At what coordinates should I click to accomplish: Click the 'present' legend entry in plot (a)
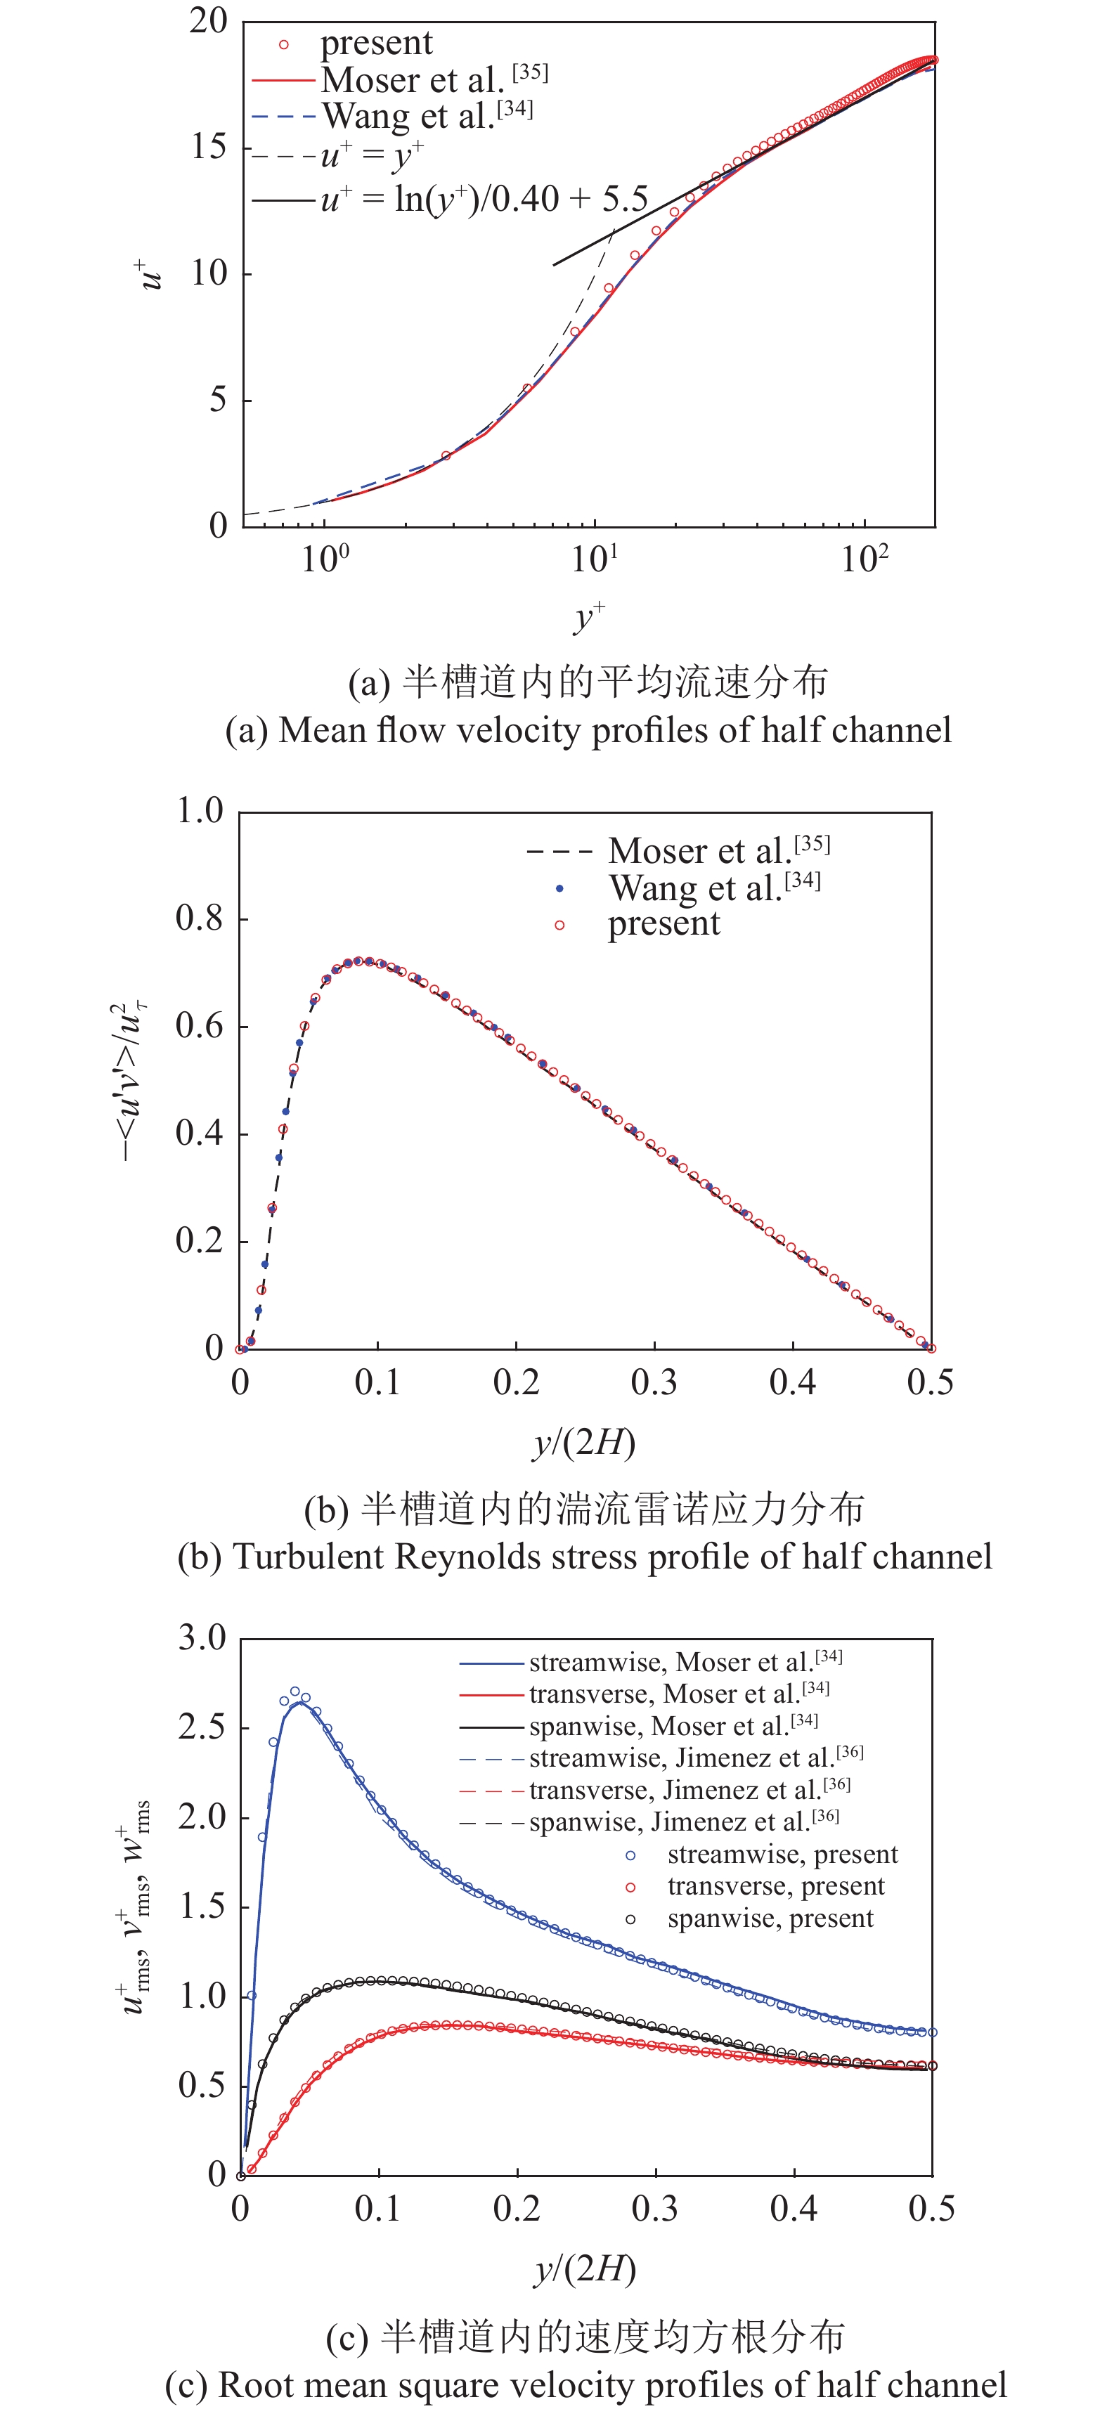click(376, 43)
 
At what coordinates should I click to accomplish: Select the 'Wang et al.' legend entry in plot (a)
click(408, 116)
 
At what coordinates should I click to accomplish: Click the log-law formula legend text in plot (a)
click(484, 199)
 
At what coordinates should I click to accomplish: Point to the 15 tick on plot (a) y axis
click(207, 147)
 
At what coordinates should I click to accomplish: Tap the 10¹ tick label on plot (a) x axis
click(595, 559)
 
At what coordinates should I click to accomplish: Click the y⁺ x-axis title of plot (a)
click(589, 617)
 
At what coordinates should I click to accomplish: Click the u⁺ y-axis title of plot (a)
click(149, 274)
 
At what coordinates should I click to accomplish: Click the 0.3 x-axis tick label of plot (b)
click(654, 1382)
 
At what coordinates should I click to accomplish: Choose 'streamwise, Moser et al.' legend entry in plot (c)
click(668, 1662)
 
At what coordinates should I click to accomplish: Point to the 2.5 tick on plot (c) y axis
click(202, 1727)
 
